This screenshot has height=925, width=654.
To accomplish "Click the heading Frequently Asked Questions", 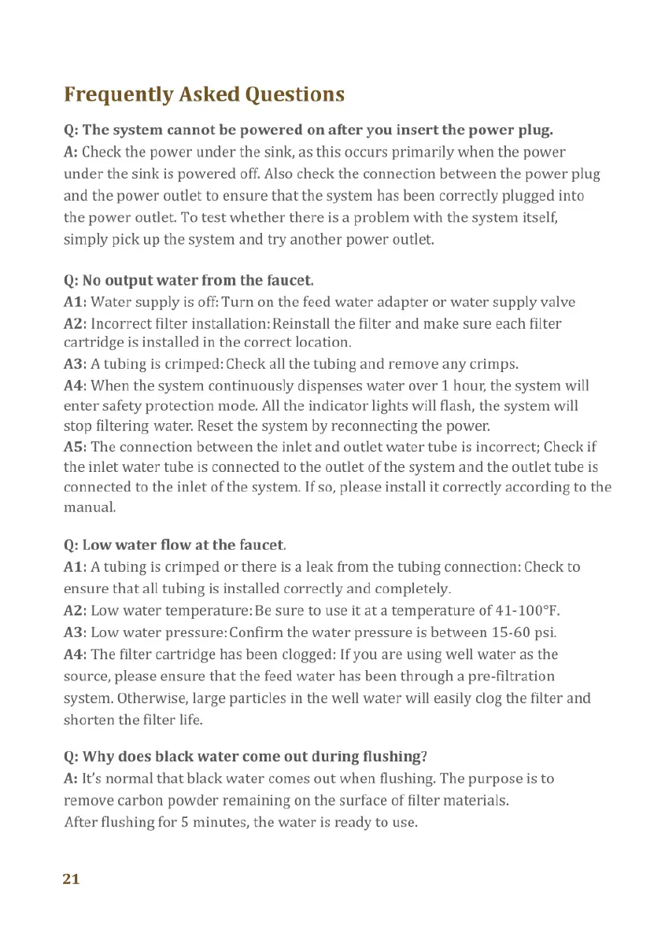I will coord(204,95).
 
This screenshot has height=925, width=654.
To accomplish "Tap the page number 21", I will coord(71,879).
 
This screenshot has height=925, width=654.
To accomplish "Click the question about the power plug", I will coord(309,129).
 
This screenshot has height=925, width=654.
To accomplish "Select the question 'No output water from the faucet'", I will coord(189,279).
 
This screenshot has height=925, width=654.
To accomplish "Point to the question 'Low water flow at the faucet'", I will coord(175,544).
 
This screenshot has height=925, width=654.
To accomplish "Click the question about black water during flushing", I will coord(245,757).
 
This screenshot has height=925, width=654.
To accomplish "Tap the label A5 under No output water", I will coord(75,447).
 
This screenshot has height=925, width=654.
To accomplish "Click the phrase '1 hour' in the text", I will coord(462,386).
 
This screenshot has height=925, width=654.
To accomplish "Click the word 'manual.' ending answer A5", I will coord(90,507).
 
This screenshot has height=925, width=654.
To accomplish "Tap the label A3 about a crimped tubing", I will coord(75,364).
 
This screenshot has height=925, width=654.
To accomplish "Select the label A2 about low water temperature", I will coord(75,610).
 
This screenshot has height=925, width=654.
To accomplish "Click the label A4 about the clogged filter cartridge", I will coord(75,654).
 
